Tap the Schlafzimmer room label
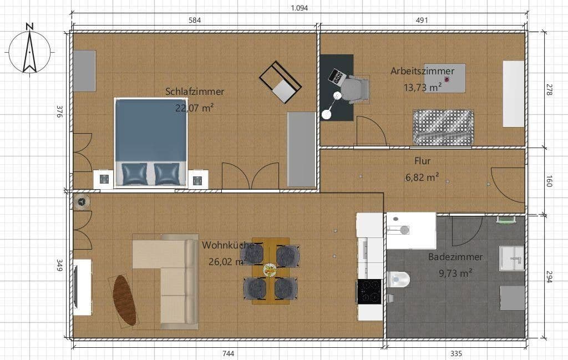[194, 92]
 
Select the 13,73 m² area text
[423, 87]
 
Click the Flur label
[422, 161]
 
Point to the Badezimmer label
[455, 257]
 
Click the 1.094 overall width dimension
[299, 8]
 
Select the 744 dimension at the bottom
[227, 353]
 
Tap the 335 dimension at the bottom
[456, 353]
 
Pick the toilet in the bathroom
[399, 279]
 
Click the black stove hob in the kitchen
[369, 291]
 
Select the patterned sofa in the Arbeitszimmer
[443, 127]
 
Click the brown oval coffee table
[125, 300]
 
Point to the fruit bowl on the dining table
[270, 270]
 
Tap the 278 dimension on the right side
[549, 90]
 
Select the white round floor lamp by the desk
[327, 114]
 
